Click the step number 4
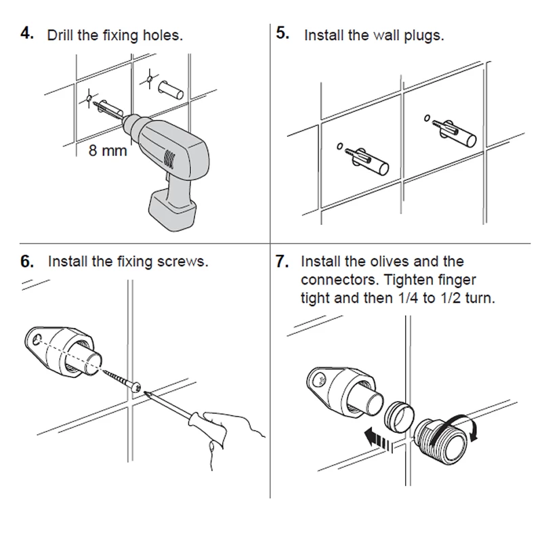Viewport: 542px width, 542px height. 28,34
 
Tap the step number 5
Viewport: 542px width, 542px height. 283,33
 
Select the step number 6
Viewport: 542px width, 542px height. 28,262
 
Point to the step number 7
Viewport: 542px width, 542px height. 283,262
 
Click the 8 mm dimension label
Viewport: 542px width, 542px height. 108,150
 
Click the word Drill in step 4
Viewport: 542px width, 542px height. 62,35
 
